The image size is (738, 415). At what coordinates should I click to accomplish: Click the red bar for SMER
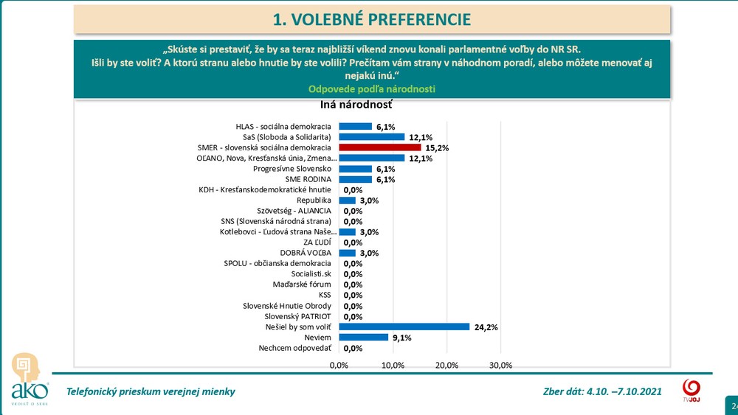[x=379, y=147]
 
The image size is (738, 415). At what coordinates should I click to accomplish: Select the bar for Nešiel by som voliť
[x=404, y=327]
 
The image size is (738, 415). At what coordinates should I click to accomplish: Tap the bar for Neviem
[x=363, y=338]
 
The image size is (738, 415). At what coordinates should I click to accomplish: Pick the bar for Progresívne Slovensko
[x=355, y=169]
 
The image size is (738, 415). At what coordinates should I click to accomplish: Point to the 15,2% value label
[x=438, y=148]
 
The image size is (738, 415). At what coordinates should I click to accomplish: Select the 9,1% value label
[x=401, y=338]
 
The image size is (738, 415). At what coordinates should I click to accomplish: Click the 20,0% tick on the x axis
[x=447, y=365]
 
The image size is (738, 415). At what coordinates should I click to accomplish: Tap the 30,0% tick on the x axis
[x=501, y=365]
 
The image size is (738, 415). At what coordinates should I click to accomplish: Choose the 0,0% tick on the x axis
[x=339, y=365]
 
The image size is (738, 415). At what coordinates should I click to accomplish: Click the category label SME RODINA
[x=308, y=179]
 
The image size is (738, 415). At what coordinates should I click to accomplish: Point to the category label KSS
[x=325, y=295]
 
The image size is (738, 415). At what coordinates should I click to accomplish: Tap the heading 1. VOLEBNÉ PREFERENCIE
[x=371, y=20]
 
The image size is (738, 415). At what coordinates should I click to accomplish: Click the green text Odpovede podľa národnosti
[x=371, y=89]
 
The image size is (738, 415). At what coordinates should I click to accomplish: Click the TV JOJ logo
[x=692, y=390]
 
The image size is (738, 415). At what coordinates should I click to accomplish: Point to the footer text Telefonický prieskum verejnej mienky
[x=151, y=391]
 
